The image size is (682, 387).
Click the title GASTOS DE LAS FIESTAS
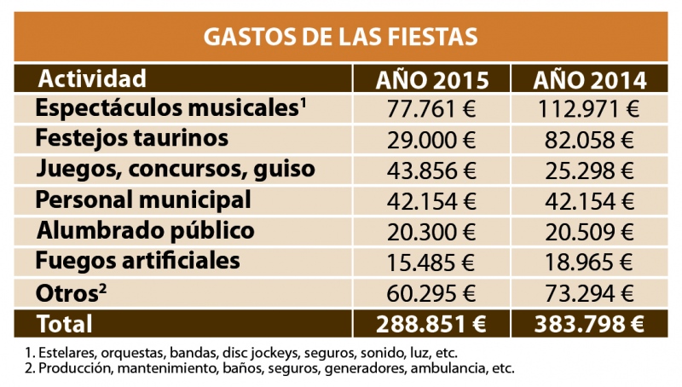click(x=340, y=38)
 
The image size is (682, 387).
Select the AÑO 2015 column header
click(x=432, y=80)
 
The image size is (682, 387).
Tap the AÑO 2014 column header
click(x=590, y=80)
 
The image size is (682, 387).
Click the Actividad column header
click(x=93, y=79)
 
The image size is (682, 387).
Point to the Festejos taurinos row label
click(x=132, y=138)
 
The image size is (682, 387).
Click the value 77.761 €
click(x=432, y=109)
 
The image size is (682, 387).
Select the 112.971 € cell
click(x=590, y=109)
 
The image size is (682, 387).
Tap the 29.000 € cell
click(x=432, y=140)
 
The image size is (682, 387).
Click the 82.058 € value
click(x=590, y=140)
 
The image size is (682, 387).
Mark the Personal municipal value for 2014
click(x=590, y=201)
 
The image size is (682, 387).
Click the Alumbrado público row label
click(x=145, y=230)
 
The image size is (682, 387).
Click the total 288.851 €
click(x=432, y=324)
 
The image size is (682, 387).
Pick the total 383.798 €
click(x=590, y=324)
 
